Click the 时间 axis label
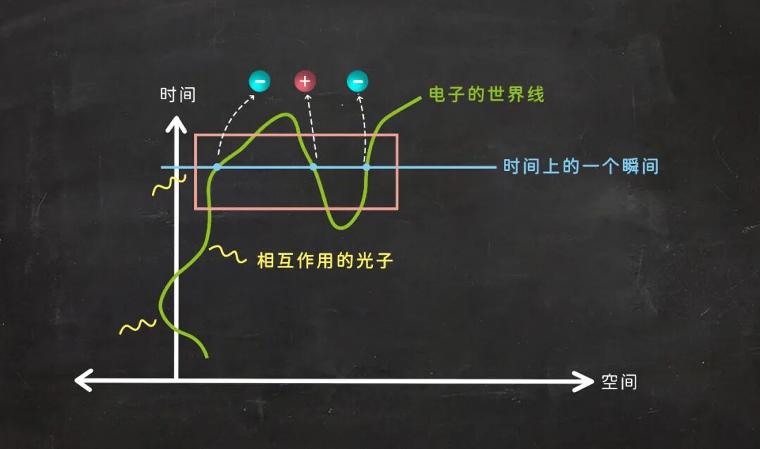pos(177,94)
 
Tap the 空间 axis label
pos(619,382)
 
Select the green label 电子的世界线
pos(486,94)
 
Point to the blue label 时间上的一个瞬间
pos(581,167)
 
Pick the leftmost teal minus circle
pos(260,82)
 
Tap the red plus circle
pos(305,82)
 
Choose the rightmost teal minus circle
pos(357,82)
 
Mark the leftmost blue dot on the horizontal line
pos(217,167)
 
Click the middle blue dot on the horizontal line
pos(314,167)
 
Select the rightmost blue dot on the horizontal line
pos(367,167)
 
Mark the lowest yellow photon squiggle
pos(137,326)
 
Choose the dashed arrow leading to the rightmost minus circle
pos(364,127)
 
